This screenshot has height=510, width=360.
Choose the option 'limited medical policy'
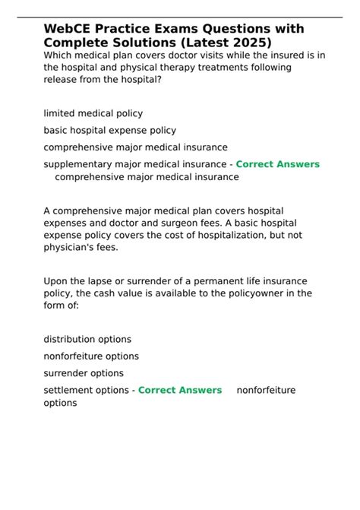pyautogui.click(x=93, y=113)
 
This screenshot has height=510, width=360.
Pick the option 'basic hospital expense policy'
pyautogui.click(x=109, y=130)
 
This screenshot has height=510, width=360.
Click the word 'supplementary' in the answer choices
pyautogui.click(x=77, y=164)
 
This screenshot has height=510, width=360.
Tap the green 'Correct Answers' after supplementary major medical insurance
pyautogui.click(x=277, y=164)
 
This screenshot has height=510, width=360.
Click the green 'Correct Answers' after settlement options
pyautogui.click(x=179, y=390)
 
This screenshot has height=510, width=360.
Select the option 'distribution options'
pyautogui.click(x=87, y=339)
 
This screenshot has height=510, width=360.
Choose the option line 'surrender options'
pyautogui.click(x=84, y=373)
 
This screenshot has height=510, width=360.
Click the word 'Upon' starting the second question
pyautogui.click(x=56, y=280)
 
